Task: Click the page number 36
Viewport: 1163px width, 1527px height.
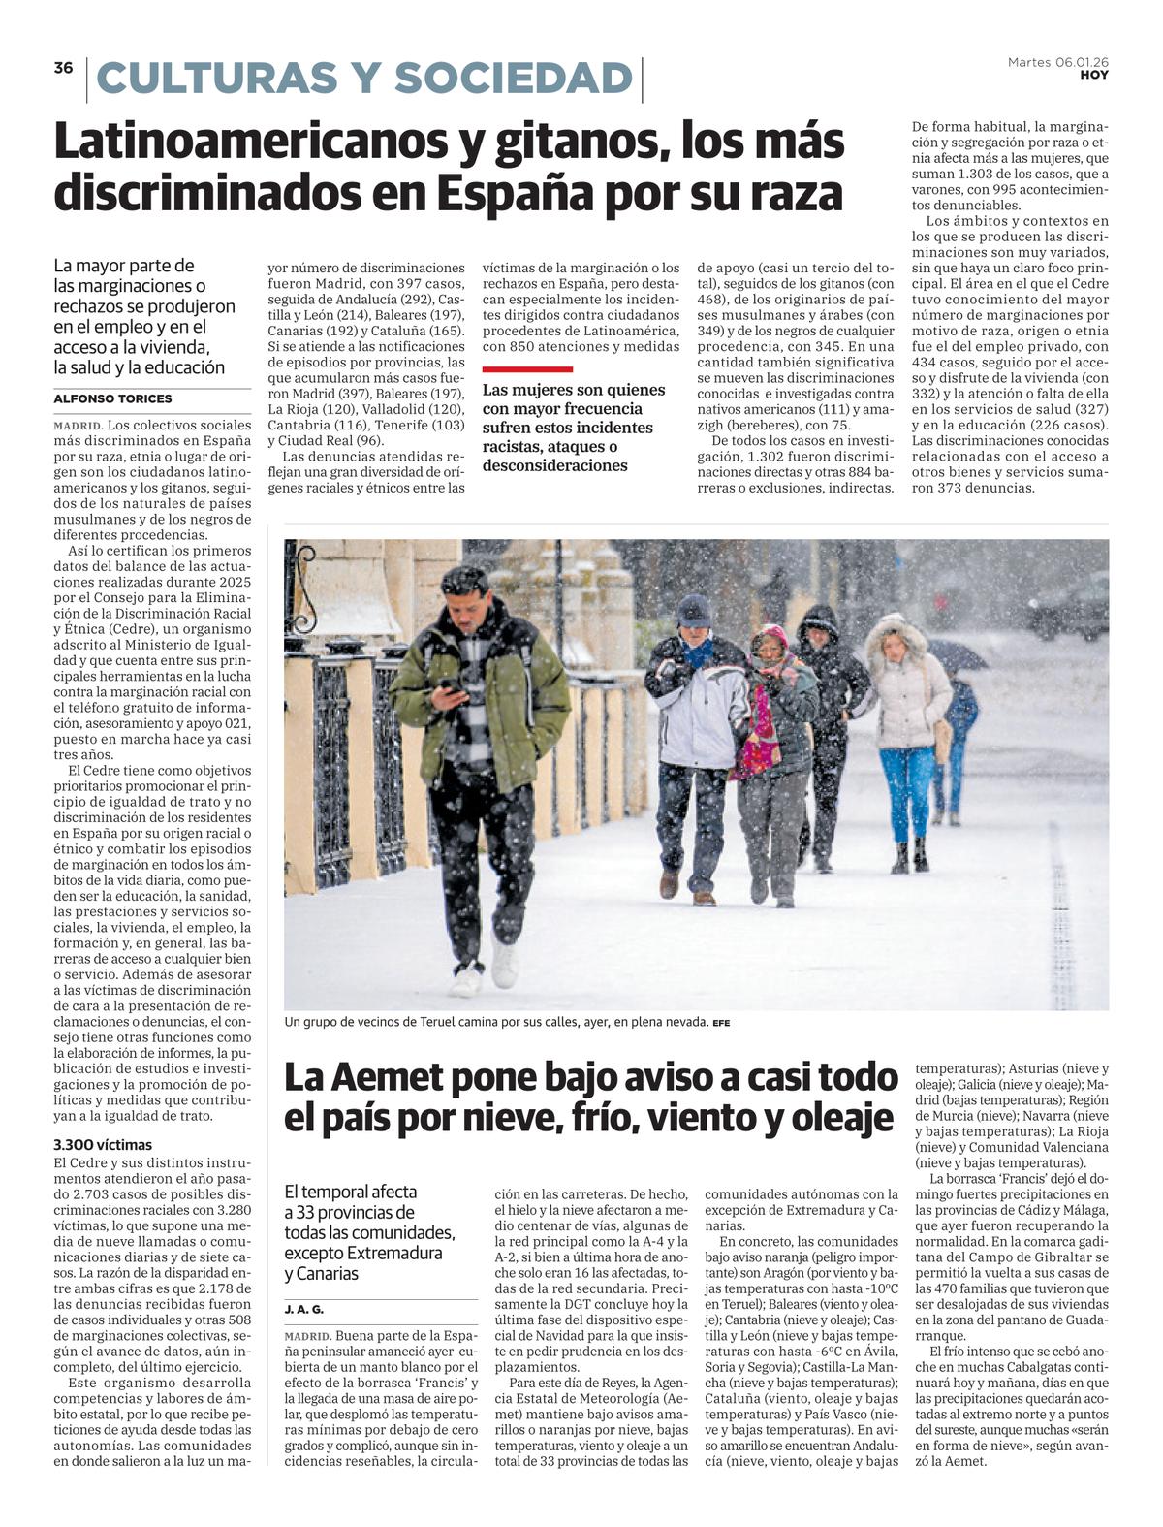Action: (x=63, y=68)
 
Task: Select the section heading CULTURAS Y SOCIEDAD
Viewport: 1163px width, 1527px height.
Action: (x=363, y=79)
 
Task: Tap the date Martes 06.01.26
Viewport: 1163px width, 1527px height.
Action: (x=1057, y=62)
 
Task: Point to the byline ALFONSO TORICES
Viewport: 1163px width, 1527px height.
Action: (x=112, y=398)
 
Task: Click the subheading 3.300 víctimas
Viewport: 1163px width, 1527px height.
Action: (x=103, y=1144)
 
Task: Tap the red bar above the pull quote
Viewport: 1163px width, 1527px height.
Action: (x=527, y=369)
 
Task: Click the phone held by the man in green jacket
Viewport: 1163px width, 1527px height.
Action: (x=450, y=685)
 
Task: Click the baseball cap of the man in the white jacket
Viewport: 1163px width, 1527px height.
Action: (x=694, y=610)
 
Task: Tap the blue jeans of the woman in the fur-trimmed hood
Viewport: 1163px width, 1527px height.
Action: (x=906, y=790)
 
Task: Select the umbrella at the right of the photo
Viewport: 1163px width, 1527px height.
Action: (x=957, y=654)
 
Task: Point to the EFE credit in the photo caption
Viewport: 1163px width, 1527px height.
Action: (x=721, y=1023)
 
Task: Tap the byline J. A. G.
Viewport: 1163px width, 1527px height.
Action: (x=303, y=1309)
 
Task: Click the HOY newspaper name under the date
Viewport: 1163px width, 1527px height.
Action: (x=1094, y=75)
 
